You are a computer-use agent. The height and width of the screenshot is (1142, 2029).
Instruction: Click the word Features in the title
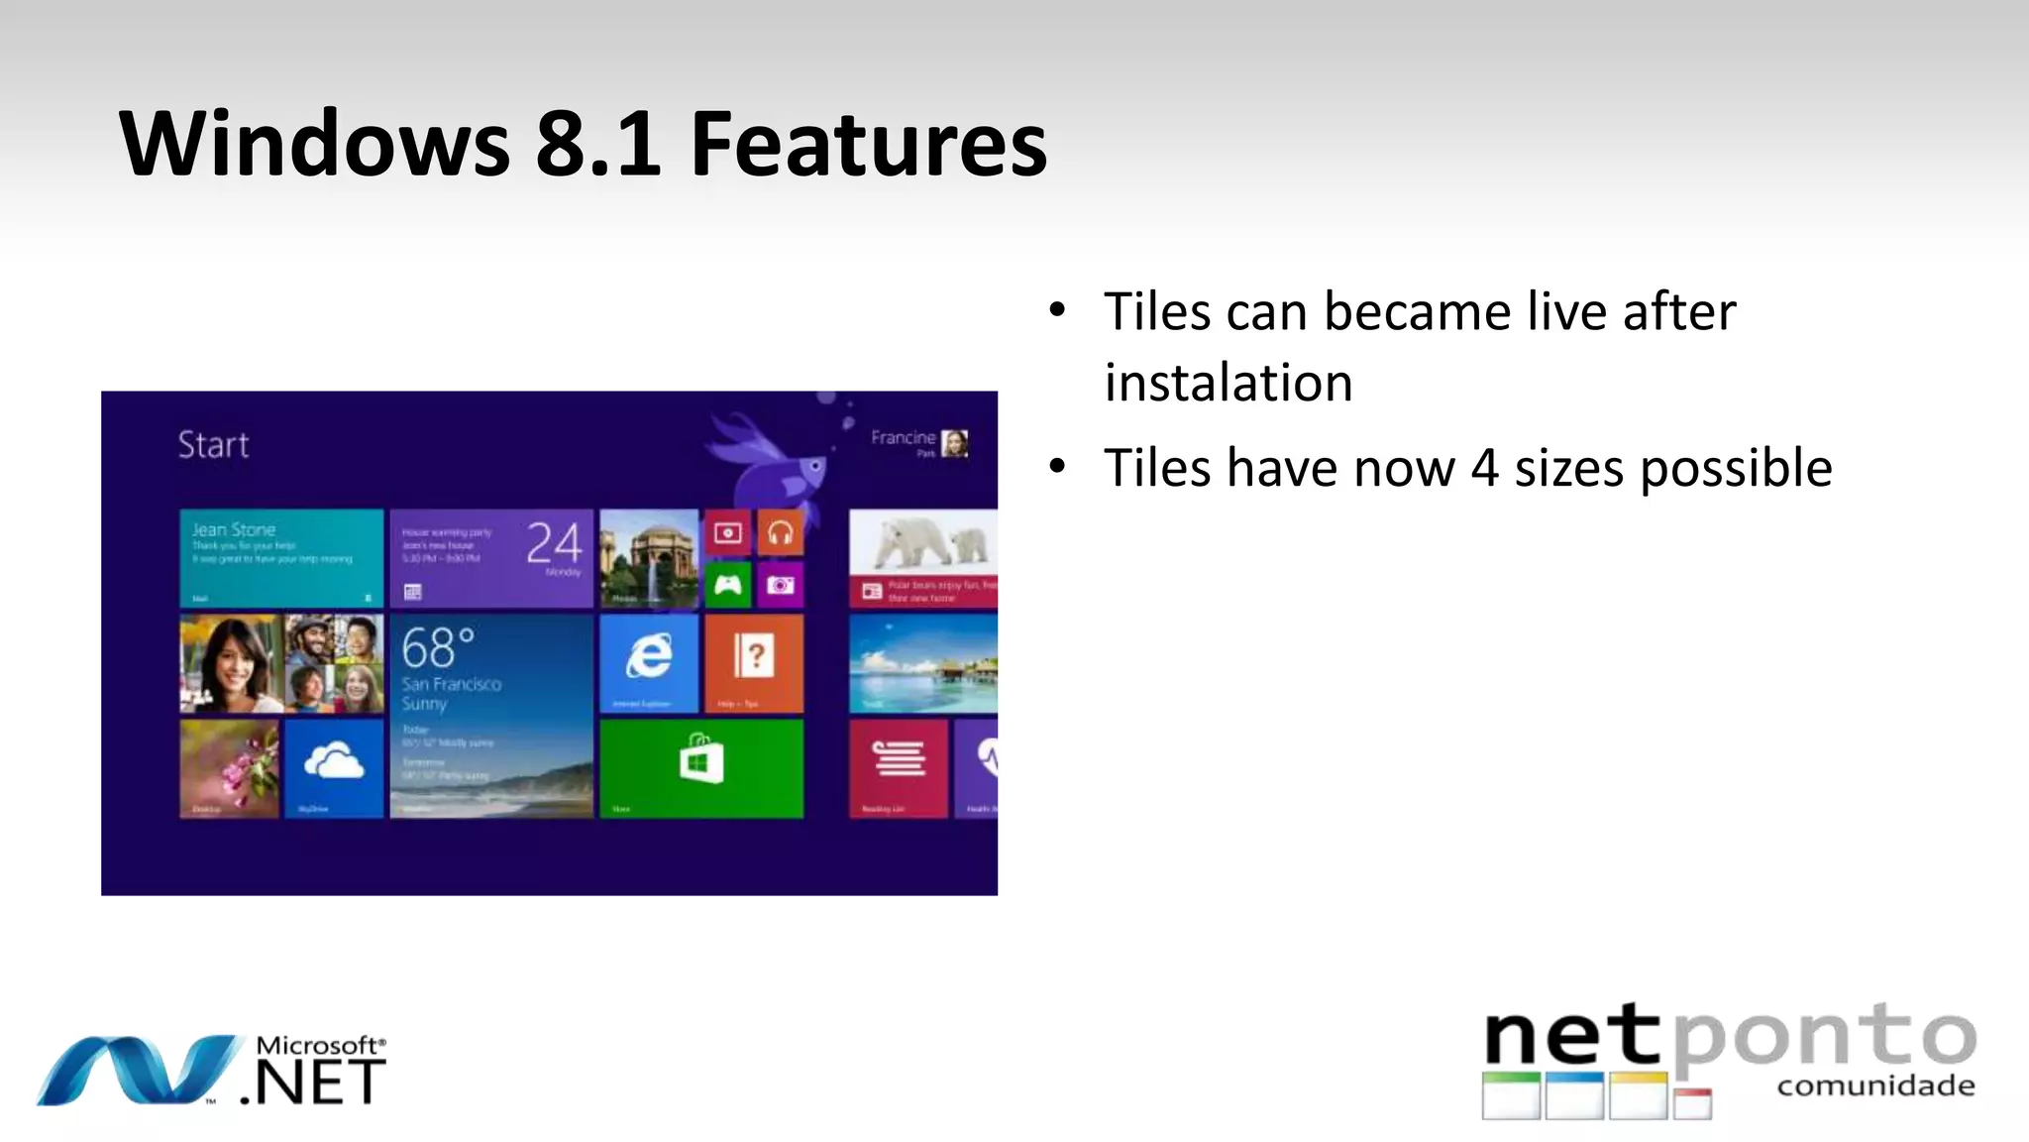click(868, 145)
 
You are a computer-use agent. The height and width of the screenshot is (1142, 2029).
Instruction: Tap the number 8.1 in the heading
click(597, 145)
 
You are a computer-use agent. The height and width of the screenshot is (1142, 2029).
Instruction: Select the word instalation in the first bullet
click(1228, 383)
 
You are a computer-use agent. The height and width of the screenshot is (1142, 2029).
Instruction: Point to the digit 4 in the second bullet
click(1484, 468)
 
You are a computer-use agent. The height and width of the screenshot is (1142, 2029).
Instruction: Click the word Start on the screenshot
click(213, 445)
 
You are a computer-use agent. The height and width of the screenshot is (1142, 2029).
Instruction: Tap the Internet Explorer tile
click(649, 662)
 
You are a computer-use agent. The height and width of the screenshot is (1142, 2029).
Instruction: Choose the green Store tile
click(701, 768)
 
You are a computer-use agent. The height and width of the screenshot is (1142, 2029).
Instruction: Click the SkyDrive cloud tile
click(334, 767)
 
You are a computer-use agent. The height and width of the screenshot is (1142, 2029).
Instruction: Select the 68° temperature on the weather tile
click(437, 649)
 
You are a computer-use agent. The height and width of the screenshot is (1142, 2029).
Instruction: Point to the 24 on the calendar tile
click(554, 543)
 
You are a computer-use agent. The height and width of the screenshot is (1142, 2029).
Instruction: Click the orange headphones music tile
click(781, 533)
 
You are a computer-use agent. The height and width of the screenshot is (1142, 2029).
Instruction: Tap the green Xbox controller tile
click(728, 585)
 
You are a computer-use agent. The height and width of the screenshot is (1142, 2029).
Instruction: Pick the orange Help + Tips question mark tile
click(754, 662)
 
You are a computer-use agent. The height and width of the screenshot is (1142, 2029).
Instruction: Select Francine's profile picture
click(955, 443)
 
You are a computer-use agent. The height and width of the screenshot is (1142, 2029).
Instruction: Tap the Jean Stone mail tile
click(281, 557)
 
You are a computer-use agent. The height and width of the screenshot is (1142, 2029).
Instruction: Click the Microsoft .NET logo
click(211, 1071)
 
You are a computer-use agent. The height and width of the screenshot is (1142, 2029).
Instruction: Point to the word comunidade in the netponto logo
click(1875, 1086)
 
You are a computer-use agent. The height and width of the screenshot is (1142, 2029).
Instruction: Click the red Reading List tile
click(899, 768)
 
